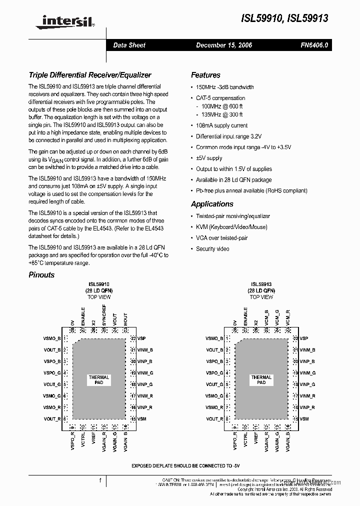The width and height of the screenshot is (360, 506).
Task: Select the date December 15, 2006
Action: [x=223, y=45]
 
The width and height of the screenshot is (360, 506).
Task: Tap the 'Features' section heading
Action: [x=205, y=75]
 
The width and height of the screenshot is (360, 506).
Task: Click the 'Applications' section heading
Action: [x=212, y=204]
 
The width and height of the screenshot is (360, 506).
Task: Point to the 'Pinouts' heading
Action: [x=41, y=274]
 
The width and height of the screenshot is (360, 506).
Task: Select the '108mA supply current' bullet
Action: [x=221, y=125]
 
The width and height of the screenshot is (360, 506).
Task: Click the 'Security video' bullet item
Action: [x=212, y=248]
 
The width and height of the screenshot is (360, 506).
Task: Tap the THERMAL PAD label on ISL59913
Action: [x=261, y=380]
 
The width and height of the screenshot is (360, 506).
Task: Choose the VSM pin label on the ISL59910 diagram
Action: [x=141, y=419]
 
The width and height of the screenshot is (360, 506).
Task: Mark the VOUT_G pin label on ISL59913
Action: [x=214, y=384]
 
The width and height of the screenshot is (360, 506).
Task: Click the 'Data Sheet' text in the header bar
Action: [x=129, y=45]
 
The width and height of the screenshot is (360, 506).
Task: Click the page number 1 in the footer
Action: [x=100, y=480]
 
